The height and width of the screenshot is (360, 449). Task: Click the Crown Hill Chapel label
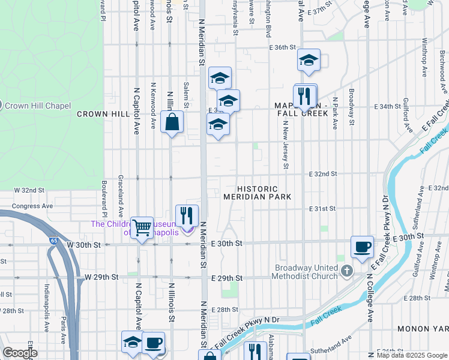[37, 106]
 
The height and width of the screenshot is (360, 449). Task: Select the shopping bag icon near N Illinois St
[172, 122]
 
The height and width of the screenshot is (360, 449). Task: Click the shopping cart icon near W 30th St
[142, 227]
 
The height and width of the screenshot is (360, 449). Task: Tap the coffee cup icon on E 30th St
[362, 247]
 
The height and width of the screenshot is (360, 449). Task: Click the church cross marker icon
[346, 272]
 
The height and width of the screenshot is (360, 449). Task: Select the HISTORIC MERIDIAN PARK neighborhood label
[257, 193]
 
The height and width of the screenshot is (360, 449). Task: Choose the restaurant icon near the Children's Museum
[187, 215]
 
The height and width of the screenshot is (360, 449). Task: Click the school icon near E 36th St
[309, 60]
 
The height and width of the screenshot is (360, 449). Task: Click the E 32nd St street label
[322, 174]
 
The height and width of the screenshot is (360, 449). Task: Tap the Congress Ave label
[33, 205]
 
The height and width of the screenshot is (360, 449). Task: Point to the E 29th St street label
[227, 278]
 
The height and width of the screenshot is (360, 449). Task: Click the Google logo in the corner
[20, 353]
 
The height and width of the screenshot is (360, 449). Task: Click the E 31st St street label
[322, 209]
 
